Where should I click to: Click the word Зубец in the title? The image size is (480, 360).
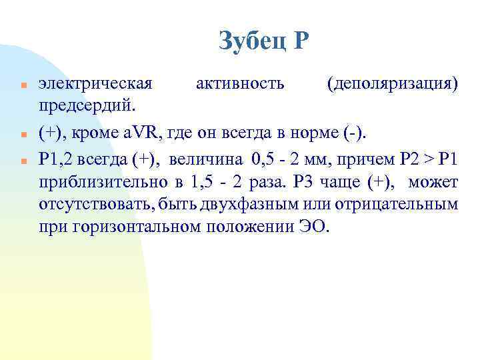click(250, 41)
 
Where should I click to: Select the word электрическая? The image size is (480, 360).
click(95, 85)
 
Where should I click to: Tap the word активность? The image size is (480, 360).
click(240, 85)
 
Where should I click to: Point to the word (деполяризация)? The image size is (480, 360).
click(393, 85)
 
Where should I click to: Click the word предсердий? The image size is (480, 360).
click(87, 106)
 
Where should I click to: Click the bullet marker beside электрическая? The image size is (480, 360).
click(23, 86)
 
